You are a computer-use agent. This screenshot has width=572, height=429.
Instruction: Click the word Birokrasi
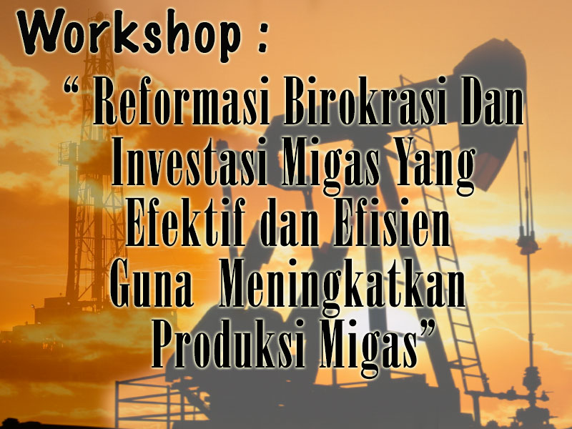click(365, 100)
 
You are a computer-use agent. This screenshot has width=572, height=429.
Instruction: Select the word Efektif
click(185, 222)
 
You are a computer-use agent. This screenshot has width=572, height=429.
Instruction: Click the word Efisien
click(391, 222)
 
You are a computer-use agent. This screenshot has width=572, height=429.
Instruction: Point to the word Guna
click(152, 282)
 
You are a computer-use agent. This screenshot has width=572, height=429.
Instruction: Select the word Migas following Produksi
click(368, 347)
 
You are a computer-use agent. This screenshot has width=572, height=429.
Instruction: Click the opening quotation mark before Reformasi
click(71, 86)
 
